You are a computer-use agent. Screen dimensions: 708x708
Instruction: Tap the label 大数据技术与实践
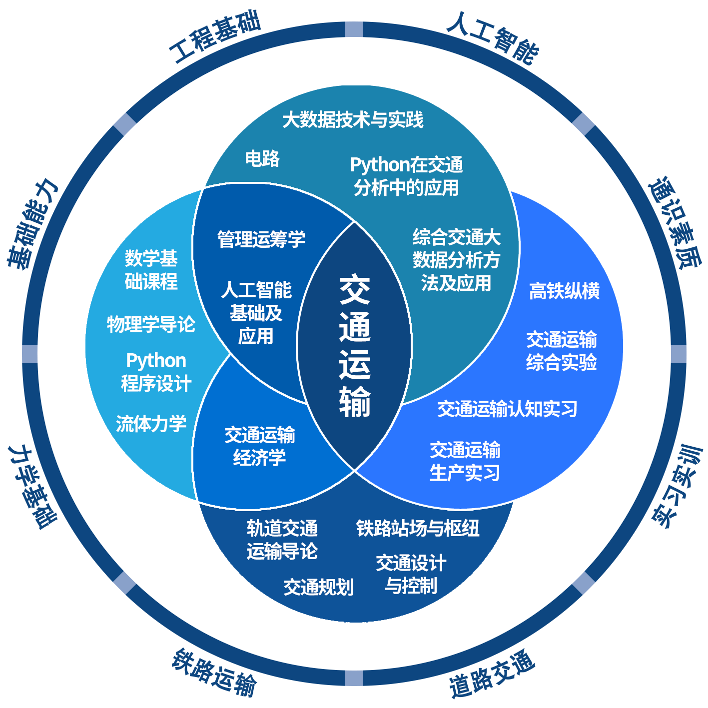(353, 120)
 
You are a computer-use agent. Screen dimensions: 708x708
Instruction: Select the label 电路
(262, 158)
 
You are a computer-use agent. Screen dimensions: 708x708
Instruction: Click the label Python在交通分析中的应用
(406, 176)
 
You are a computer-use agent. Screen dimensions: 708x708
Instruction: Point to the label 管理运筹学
(261, 239)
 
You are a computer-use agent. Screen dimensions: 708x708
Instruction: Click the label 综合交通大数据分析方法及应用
(456, 260)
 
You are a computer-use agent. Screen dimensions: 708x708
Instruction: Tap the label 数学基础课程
(151, 270)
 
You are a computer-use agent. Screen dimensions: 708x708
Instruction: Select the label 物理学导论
(151, 324)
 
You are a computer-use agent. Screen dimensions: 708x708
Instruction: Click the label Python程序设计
(156, 372)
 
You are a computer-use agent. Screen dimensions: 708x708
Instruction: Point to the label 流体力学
(151, 424)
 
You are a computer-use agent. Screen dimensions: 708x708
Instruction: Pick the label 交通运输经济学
(259, 446)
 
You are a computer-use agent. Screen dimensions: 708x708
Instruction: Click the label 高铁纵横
(564, 291)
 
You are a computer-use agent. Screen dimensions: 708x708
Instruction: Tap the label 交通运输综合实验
(561, 351)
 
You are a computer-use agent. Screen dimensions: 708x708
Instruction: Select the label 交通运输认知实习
(507, 409)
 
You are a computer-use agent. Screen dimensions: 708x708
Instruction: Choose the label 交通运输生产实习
(465, 461)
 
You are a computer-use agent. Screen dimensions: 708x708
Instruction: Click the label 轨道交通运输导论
(282, 540)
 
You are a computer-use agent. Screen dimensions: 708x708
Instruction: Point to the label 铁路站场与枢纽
(418, 528)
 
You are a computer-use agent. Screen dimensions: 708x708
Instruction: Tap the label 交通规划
(318, 587)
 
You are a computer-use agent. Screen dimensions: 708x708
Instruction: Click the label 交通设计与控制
(411, 574)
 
